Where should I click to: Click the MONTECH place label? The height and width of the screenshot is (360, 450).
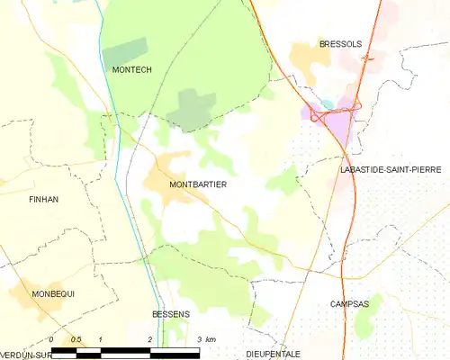click(128, 69)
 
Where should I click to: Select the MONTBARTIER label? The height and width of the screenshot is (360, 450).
click(197, 184)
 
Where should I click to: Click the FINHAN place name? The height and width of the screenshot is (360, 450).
click(43, 199)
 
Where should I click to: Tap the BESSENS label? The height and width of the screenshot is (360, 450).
click(170, 314)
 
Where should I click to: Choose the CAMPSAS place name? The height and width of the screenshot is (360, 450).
click(349, 304)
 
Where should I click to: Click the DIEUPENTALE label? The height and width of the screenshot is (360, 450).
click(274, 354)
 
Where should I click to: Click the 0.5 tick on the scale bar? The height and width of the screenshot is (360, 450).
click(77, 338)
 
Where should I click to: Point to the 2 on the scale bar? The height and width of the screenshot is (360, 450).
click(149, 338)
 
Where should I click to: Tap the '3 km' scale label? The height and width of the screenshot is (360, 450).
click(206, 338)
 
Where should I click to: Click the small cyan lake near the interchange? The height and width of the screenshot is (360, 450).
click(328, 104)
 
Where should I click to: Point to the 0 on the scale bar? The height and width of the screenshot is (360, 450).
click(52, 338)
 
